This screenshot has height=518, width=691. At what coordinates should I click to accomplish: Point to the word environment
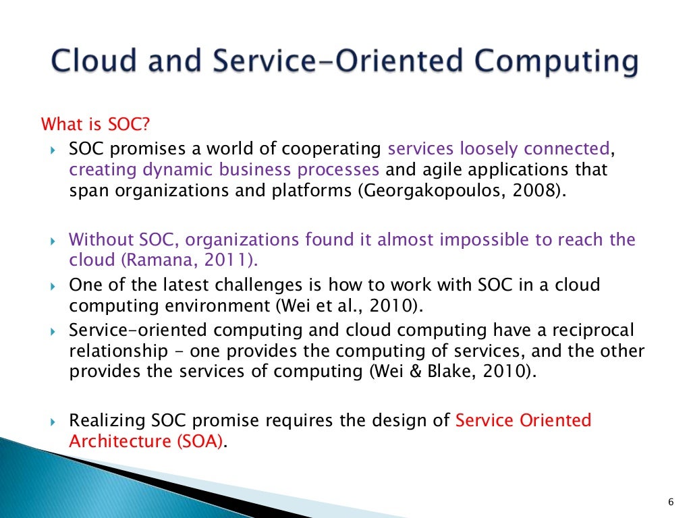click(212, 306)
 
